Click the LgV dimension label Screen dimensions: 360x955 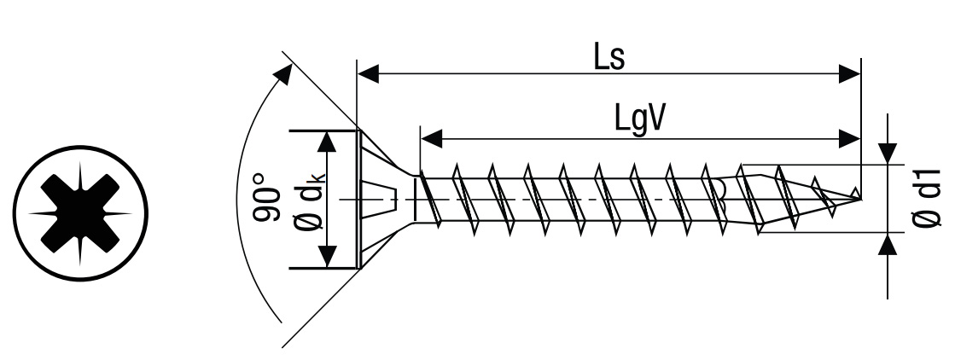pos(640,119)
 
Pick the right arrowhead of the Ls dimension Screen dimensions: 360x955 pos(849,73)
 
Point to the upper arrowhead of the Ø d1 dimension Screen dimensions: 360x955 pos(889,152)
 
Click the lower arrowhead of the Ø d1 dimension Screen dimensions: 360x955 pos(889,245)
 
